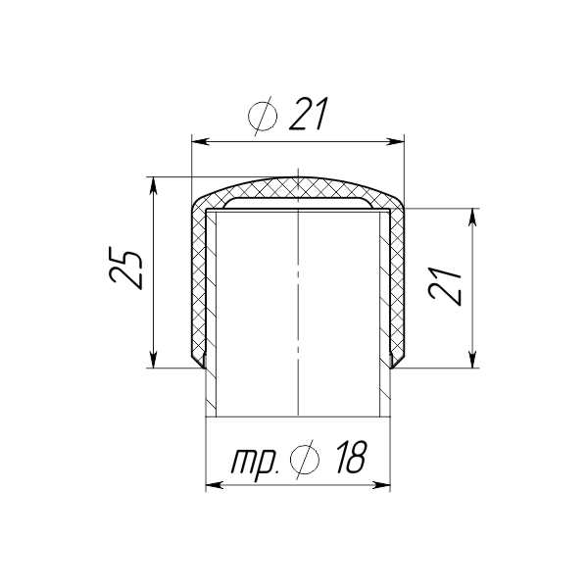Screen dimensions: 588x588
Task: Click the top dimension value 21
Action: pyautogui.click(x=309, y=114)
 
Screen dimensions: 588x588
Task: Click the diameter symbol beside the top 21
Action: pyautogui.click(x=262, y=116)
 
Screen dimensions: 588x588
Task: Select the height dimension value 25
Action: pyautogui.click(x=125, y=268)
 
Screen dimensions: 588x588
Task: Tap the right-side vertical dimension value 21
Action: pyautogui.click(x=445, y=286)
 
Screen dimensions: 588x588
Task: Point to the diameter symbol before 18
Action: pyautogui.click(x=305, y=460)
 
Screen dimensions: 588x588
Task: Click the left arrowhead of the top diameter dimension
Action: pyautogui.click(x=200, y=141)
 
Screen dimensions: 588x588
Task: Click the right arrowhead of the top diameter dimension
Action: pyautogui.click(x=396, y=141)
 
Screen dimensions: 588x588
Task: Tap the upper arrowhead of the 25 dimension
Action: pyautogui.click(x=153, y=185)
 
